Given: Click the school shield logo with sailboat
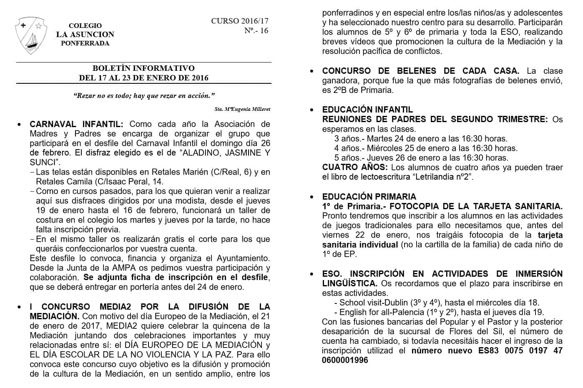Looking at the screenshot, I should (30, 35).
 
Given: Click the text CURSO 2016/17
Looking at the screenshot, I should (239, 21).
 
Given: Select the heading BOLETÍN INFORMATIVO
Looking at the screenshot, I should (143, 68).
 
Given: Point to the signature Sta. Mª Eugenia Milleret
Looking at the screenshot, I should (242, 109).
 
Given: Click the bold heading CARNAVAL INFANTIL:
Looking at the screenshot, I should (76, 124).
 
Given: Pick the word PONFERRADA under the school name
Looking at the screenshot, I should (85, 43).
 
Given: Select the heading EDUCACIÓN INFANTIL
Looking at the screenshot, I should (367, 110).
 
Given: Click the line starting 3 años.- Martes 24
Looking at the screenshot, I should (420, 139).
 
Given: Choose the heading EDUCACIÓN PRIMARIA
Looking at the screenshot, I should (369, 197).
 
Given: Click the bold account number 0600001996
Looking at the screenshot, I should (345, 360).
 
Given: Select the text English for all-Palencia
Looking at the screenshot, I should (381, 312).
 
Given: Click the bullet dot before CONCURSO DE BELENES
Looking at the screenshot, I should (312, 71).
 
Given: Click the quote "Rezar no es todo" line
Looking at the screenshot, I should (144, 96).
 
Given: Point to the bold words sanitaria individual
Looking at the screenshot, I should (360, 245).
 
